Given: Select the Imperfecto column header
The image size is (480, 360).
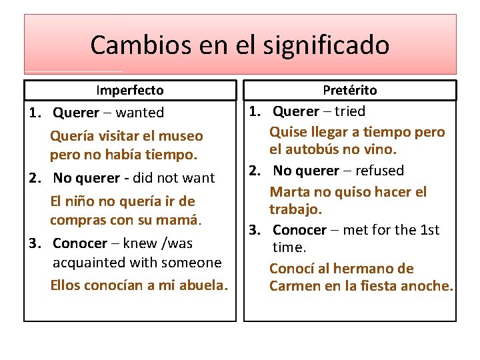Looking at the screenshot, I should coord(130,90).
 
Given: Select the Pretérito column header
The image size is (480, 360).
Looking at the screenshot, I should coord(350,90).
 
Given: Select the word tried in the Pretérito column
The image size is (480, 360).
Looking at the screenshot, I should coord(350,111).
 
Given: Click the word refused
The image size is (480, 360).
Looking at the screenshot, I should coord(379,171).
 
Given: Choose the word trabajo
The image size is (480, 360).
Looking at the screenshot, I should coord(295,209).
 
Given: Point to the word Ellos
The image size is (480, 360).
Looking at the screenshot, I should coord(68,285).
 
